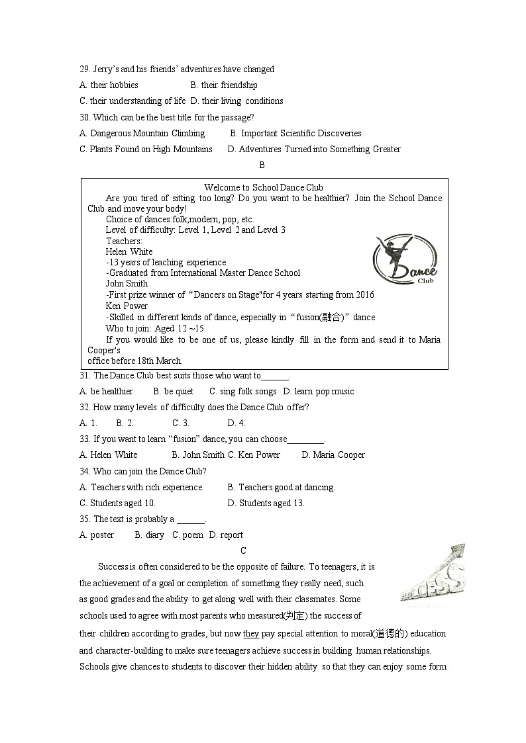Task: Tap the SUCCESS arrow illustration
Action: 432,574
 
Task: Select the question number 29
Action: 84,69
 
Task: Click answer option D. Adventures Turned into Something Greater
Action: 314,149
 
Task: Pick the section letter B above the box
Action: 262,165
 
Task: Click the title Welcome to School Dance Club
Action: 264,187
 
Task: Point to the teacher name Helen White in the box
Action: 129,251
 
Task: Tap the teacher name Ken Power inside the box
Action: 127,306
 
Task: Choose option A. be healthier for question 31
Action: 106,391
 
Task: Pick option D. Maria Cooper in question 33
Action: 333,455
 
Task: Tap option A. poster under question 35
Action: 97,535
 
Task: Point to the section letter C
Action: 244,550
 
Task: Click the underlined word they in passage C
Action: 251,633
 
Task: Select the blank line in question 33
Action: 305,440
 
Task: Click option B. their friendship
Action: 224,85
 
